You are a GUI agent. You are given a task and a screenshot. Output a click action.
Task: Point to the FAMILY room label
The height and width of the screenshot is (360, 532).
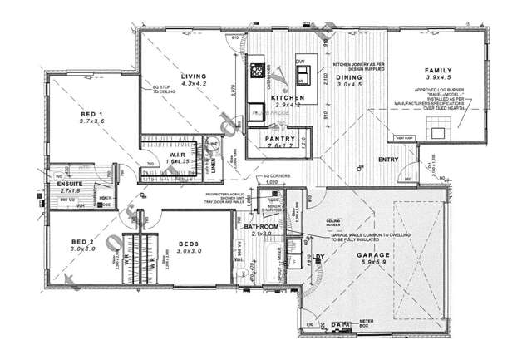(439, 71)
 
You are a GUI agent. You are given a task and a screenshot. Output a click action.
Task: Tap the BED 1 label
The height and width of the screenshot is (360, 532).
(91, 114)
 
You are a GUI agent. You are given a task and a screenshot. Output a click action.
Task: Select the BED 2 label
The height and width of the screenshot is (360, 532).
(81, 243)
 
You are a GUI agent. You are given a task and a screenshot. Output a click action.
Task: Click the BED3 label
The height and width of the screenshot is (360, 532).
(190, 243)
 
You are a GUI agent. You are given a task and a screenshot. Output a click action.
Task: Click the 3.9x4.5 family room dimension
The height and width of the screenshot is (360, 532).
(440, 79)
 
